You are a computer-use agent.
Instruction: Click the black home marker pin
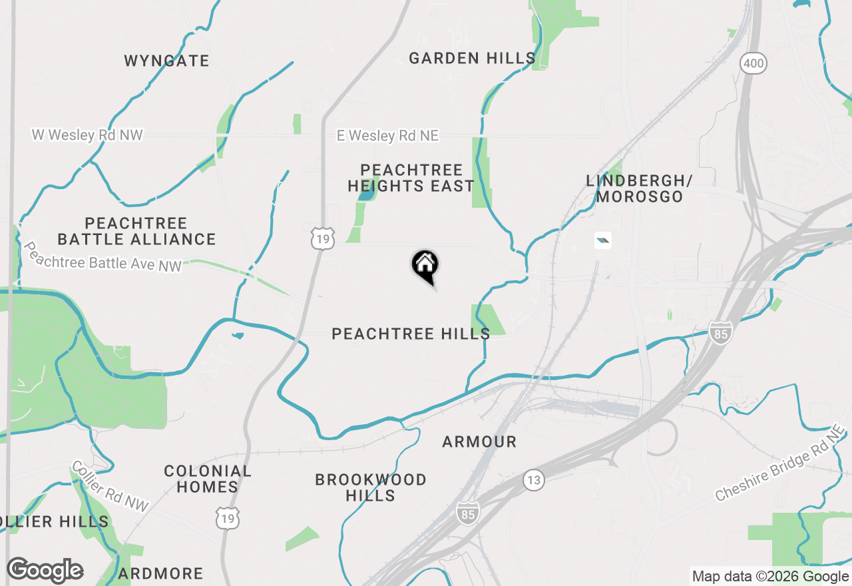tap(425, 266)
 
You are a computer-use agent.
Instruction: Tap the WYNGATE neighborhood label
tap(166, 61)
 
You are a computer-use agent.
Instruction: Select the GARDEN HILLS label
tap(472, 59)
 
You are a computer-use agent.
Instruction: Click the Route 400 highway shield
tap(753, 64)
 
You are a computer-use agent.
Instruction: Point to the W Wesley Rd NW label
tap(87, 135)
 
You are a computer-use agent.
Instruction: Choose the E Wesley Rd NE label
tap(387, 136)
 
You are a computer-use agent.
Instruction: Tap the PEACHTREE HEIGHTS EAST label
tap(411, 178)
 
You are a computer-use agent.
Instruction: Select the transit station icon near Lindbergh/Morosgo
tap(602, 240)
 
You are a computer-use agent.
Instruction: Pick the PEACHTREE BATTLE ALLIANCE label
tap(136, 231)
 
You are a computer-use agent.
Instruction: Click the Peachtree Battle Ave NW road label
tap(103, 256)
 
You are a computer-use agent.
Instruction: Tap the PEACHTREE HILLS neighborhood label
tap(411, 334)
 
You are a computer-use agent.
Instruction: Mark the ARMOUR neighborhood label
tap(479, 441)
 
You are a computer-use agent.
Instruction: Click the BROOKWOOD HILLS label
tap(371, 487)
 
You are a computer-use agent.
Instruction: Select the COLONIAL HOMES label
tap(208, 479)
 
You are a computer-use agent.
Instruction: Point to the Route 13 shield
tap(533, 479)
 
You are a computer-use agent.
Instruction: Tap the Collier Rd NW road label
tap(110, 487)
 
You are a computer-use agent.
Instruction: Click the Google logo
tap(45, 571)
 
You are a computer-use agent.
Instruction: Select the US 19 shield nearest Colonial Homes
tap(227, 517)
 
